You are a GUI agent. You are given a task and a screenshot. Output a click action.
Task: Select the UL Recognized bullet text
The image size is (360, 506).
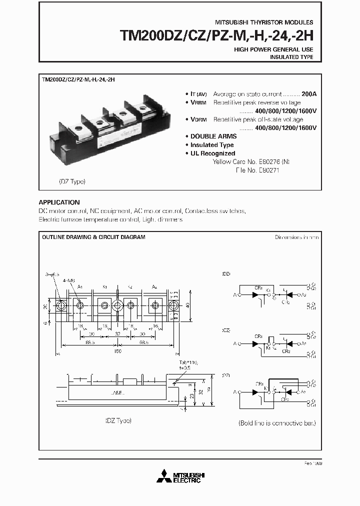coord(212,153)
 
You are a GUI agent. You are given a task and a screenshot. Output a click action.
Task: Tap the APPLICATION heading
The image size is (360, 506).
coord(59,202)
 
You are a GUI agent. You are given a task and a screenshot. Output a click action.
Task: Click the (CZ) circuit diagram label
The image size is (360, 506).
coord(226,331)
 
